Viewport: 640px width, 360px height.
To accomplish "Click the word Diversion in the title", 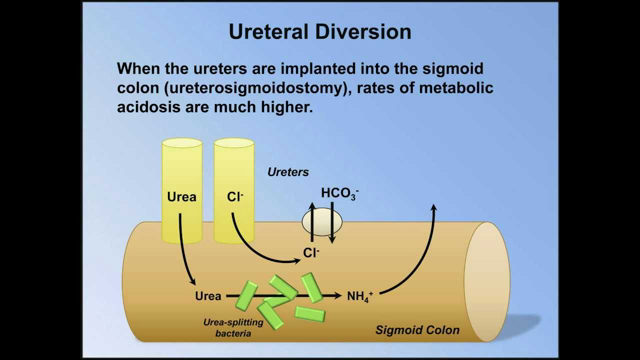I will pos(372,31).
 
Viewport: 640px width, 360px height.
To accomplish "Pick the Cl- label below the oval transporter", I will pos(312,254).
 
